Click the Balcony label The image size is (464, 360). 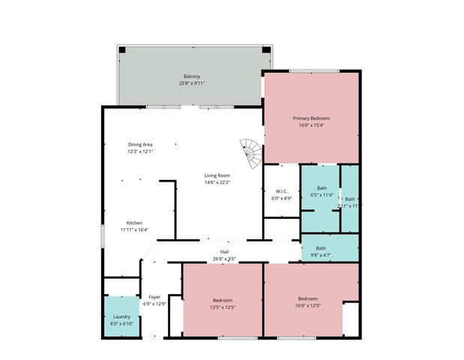[193, 76]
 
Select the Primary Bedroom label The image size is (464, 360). [311, 118]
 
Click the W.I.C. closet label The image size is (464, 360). [282, 191]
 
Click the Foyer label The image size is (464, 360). [155, 297]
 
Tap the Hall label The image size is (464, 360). [224, 252]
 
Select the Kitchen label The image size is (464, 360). [134, 223]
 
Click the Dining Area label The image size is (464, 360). [140, 144]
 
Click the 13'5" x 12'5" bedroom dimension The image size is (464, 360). [223, 306]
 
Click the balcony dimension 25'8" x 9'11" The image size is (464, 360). [193, 83]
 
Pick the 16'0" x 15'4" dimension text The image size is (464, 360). [311, 125]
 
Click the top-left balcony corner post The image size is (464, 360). [122, 50]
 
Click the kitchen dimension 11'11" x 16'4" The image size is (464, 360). [134, 229]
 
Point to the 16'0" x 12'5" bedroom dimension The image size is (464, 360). [307, 306]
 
